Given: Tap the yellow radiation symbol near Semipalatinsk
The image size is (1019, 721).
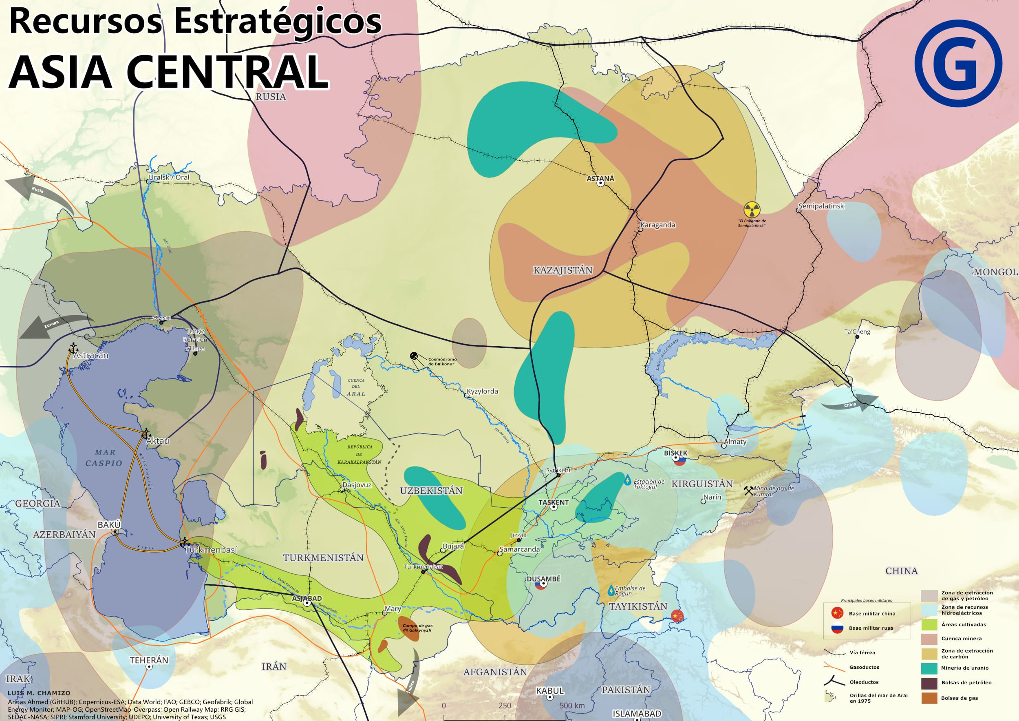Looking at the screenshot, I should pos(752,210).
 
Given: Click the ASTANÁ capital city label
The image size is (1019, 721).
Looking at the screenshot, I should pos(600,179).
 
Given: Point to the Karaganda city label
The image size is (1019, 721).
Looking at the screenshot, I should pos(657,225).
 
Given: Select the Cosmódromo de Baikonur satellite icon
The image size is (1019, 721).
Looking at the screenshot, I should pos(414,356).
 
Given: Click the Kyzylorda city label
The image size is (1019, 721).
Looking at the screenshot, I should pos(483,391).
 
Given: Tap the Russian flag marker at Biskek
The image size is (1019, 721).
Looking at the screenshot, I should pos(679,461).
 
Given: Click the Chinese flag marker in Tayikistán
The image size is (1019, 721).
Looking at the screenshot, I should pos(677,616).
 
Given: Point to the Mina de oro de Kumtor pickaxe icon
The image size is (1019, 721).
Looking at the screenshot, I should pos(749,491).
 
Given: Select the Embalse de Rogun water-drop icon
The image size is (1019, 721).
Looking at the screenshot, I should pos(611,591).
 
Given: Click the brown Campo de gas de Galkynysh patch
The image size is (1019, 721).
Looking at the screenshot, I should pos(409,628).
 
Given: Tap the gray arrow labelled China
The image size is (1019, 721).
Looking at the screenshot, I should pos(850,403).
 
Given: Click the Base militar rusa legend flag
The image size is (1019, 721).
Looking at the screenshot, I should pos(837,628).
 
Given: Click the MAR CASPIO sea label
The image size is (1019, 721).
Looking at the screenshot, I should pos(104,458).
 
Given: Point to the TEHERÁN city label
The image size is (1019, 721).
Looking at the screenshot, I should pos(149,660).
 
